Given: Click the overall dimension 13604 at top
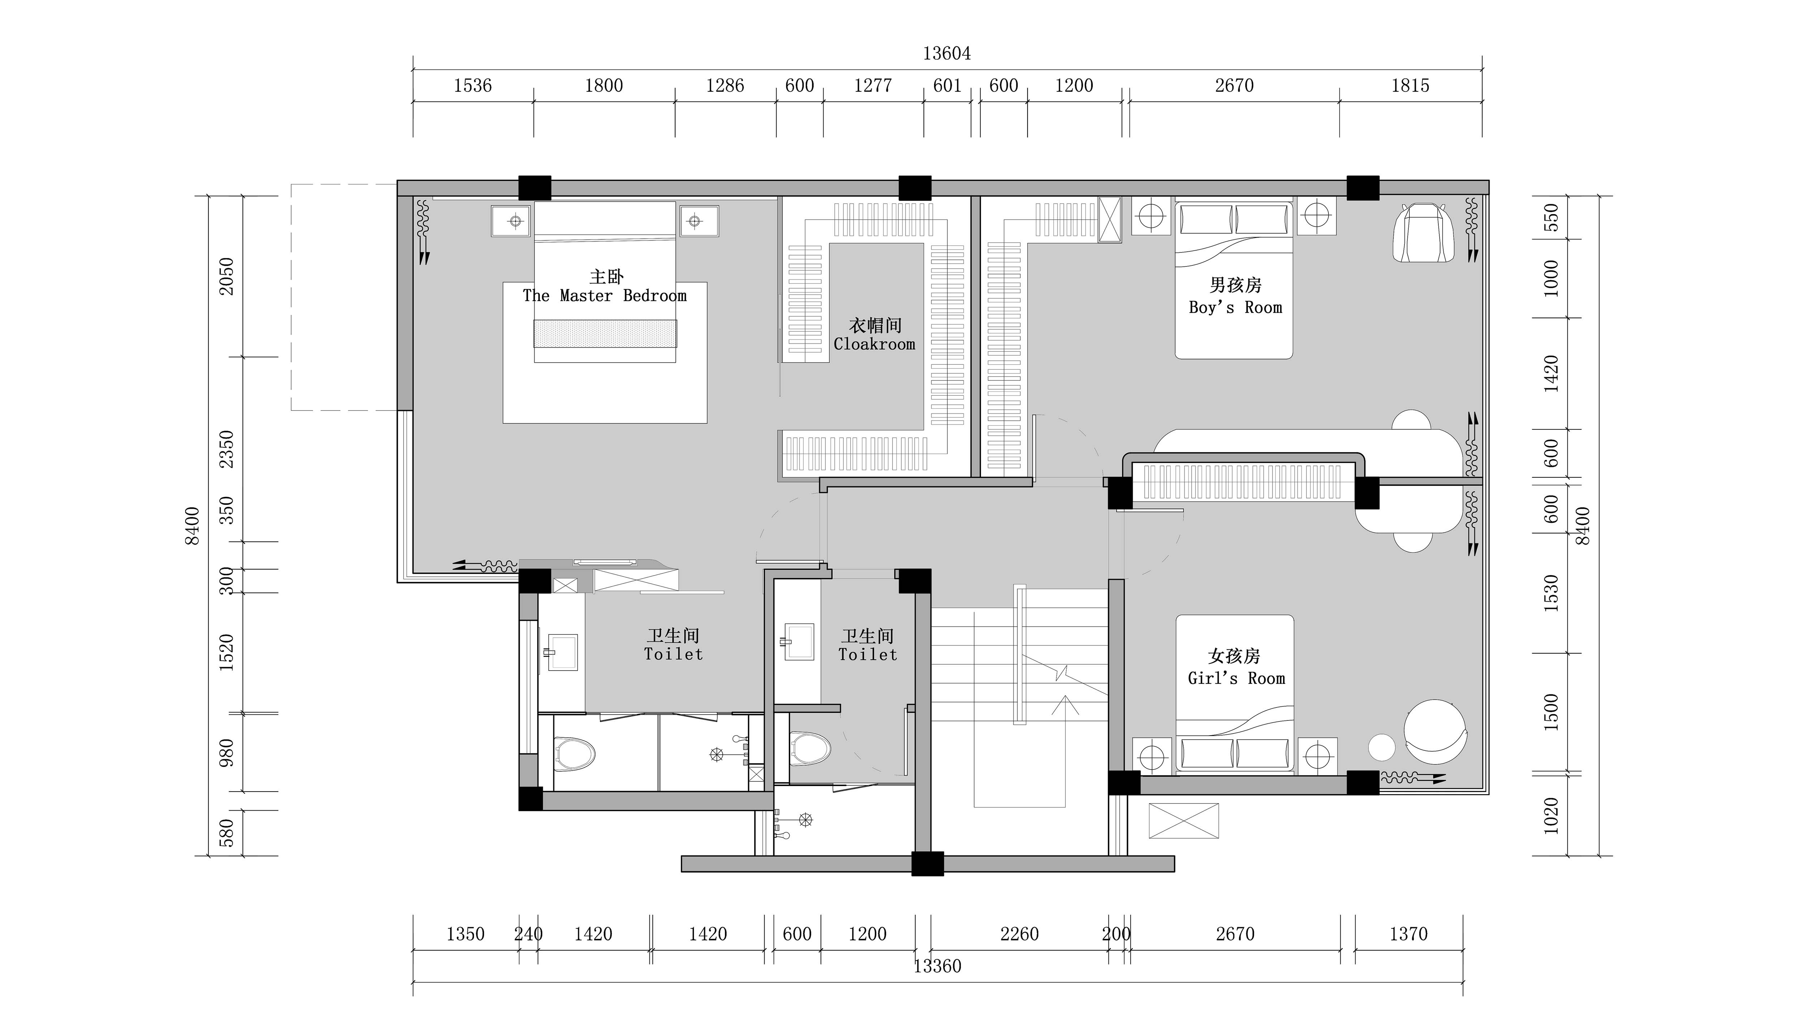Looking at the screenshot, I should pyautogui.click(x=947, y=53).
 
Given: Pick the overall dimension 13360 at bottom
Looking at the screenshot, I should pyautogui.click(x=937, y=966).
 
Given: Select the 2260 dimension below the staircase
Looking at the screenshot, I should pyautogui.click(x=1019, y=934).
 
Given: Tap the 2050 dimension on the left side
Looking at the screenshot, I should pyautogui.click(x=226, y=276).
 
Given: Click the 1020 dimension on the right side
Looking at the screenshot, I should pyautogui.click(x=1551, y=816).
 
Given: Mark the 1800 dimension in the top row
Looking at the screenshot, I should pyautogui.click(x=604, y=86).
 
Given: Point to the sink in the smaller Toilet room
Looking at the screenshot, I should pyautogui.click(x=799, y=641).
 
